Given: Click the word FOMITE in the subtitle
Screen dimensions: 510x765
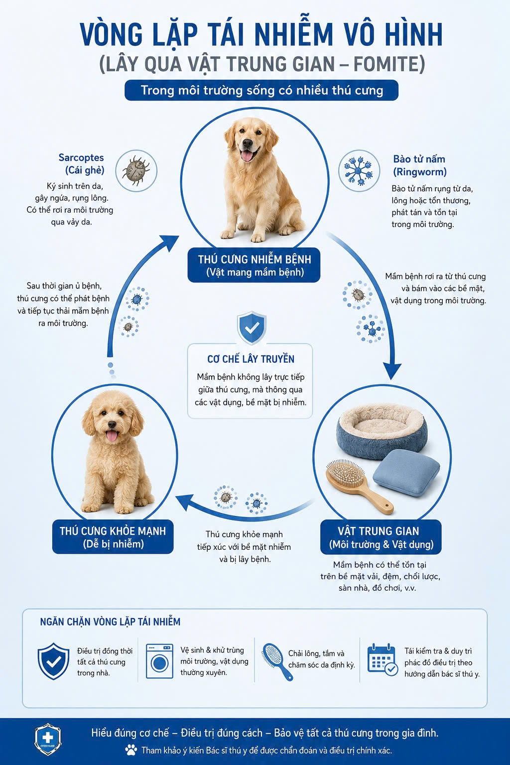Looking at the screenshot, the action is coord(385,64).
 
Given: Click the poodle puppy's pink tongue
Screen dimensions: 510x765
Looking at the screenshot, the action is coord(112,436).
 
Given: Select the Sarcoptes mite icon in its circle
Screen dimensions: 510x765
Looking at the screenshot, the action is coord(136,170).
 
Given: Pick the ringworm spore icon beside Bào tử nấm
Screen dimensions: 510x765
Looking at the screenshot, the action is coord(359,170).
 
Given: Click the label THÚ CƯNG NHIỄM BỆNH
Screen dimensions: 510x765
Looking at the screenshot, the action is coord(254,265).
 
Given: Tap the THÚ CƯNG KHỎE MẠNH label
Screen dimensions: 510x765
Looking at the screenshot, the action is coord(113,537).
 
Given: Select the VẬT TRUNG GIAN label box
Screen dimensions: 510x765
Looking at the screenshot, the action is coord(381,537).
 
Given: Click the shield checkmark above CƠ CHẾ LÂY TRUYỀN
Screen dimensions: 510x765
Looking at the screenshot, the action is coord(252,327).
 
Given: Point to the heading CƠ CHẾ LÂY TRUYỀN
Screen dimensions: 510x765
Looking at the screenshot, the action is coord(251,359).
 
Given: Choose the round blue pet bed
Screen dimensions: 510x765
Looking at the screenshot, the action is coord(382,430).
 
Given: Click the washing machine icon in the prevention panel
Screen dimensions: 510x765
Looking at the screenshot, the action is coord(159,661).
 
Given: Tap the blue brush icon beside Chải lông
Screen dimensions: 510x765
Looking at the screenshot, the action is coord(277,662).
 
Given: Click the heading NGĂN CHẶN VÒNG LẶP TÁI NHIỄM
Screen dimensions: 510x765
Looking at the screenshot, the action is coord(111,622).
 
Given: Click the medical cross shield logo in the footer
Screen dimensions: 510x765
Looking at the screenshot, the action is coord(47,740).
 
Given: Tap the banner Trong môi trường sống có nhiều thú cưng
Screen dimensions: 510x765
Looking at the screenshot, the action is coord(261,91).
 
